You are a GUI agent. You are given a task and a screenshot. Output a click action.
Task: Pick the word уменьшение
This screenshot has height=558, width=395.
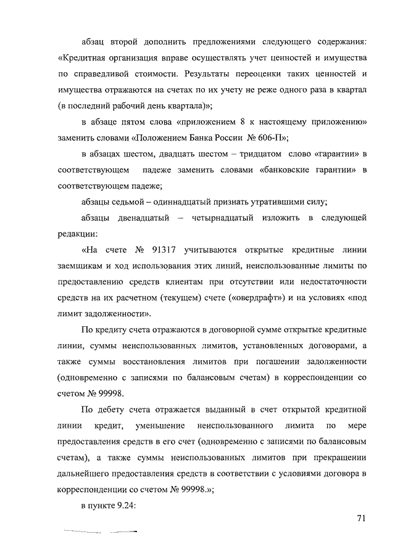tap(160, 426)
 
